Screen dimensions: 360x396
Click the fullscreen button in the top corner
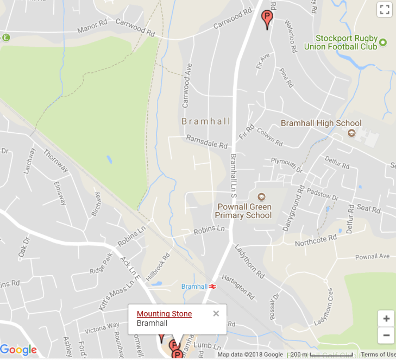click(385, 9)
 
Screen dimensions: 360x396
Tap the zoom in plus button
click(386, 319)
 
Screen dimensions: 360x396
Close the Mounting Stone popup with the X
click(216, 313)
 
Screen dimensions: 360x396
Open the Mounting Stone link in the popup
click(164, 314)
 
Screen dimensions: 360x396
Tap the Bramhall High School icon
click(351, 133)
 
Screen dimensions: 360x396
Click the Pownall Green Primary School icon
click(261, 197)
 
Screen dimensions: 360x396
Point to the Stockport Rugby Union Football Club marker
click(382, 42)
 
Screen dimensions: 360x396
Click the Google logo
click(18, 350)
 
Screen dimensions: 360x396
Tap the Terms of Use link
click(379, 355)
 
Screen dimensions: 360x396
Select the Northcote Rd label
click(316, 240)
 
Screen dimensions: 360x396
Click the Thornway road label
click(56, 161)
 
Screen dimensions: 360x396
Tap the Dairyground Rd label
click(293, 208)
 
